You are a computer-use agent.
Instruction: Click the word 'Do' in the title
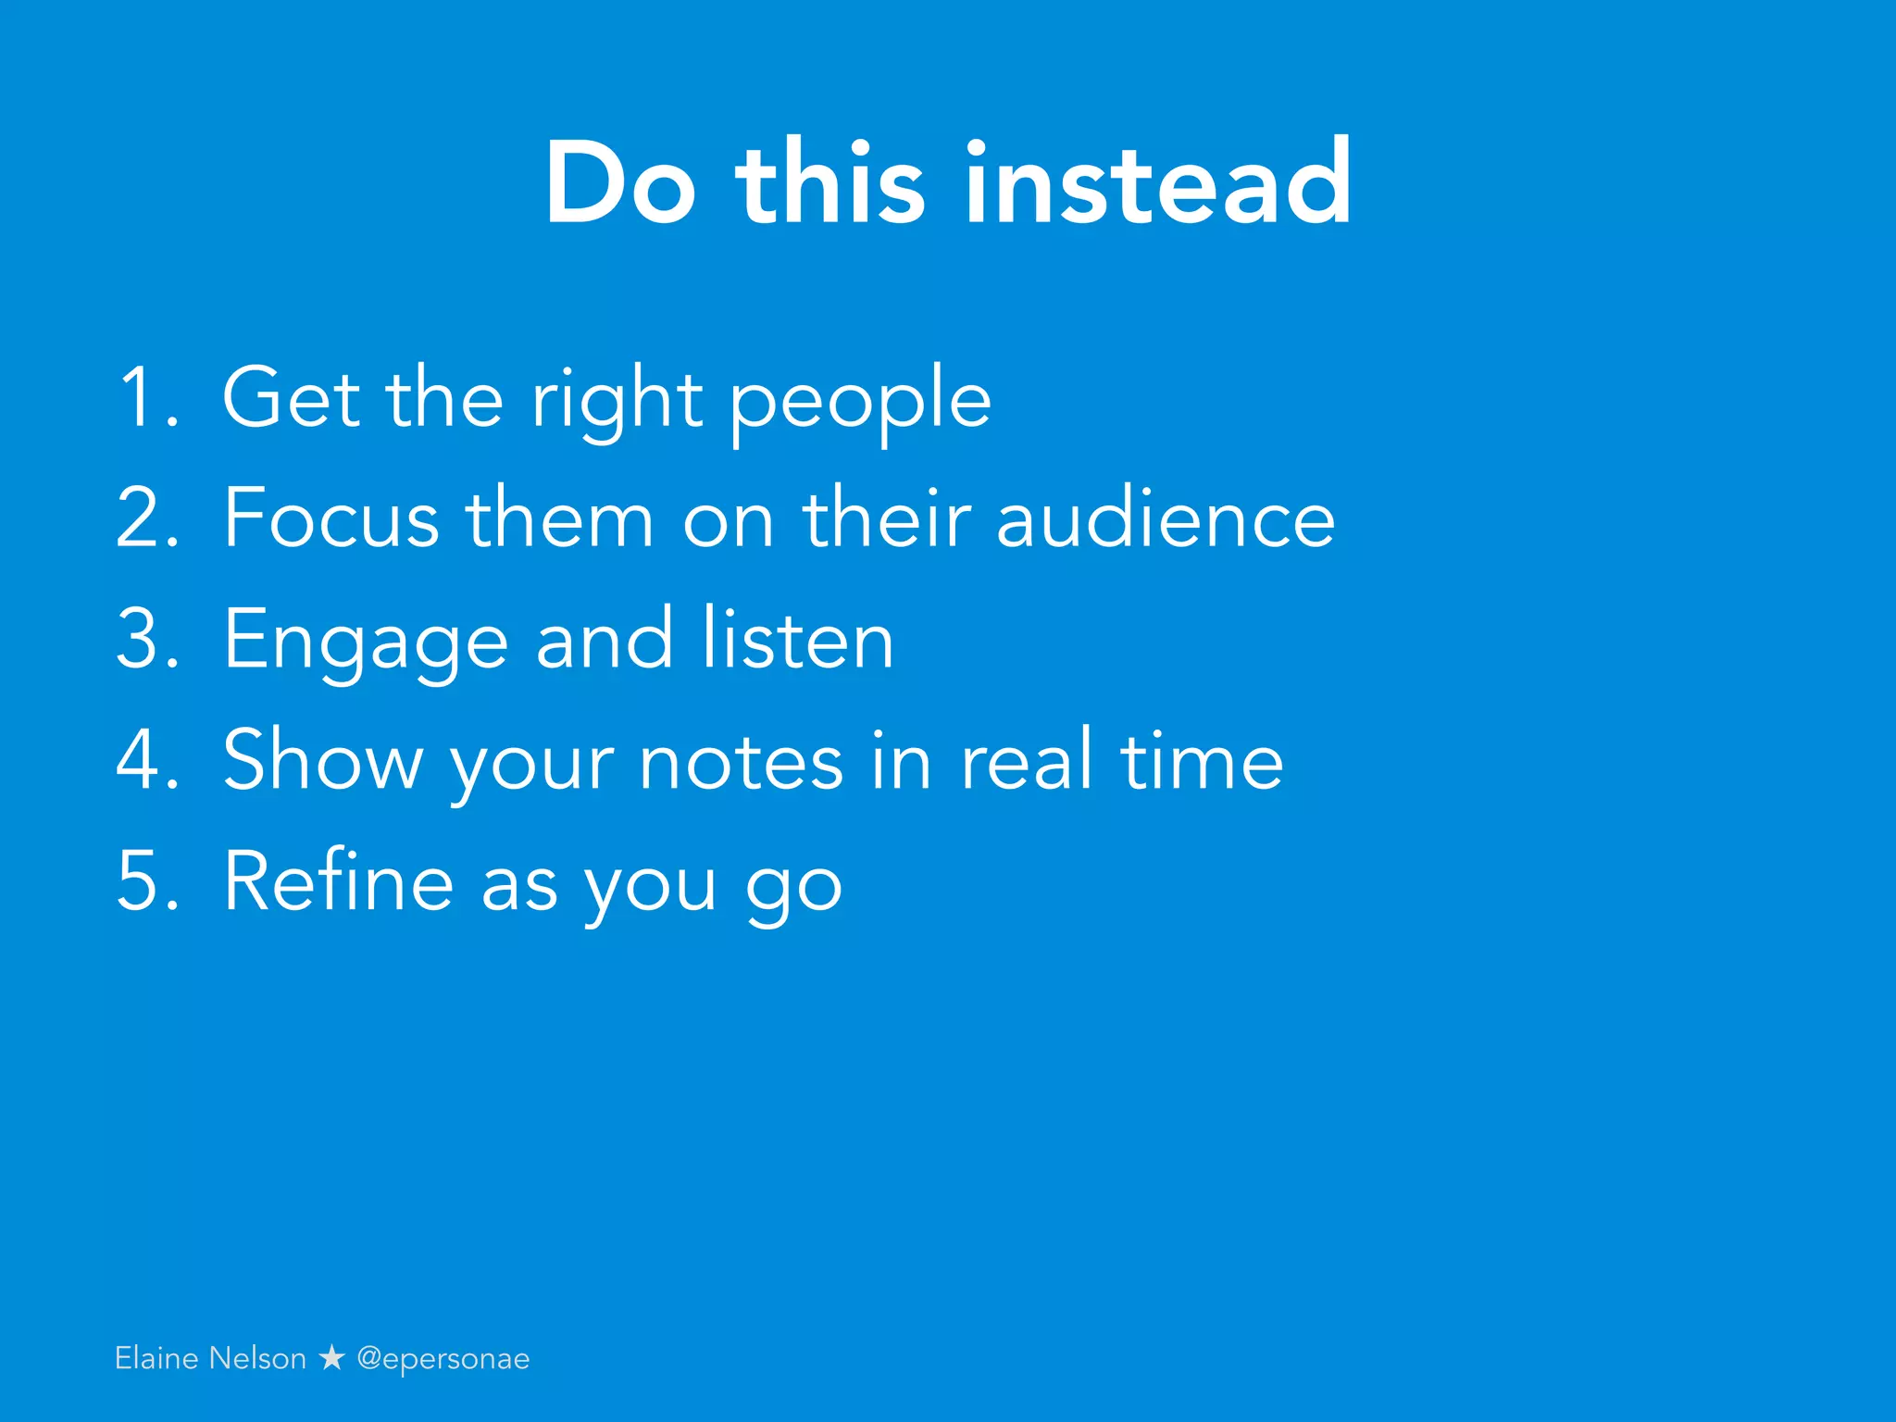coord(618,182)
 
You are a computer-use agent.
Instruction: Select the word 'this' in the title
coord(829,182)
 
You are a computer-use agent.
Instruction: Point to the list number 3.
coord(146,639)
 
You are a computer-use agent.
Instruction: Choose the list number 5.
coord(146,881)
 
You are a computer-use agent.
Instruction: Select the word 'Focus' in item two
coord(331,518)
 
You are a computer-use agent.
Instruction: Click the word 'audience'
coord(1166,518)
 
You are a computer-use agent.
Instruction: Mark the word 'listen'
coord(797,639)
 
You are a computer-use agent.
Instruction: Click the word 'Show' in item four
coord(322,760)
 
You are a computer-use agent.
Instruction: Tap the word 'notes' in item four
coord(742,760)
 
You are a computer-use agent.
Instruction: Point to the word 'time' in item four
coord(1201,760)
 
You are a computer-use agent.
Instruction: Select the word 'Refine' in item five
coord(338,881)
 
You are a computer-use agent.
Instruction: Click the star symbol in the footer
coord(331,1358)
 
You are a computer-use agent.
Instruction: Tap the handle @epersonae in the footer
coord(443,1359)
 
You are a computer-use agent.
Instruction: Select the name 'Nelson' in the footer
coord(257,1358)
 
